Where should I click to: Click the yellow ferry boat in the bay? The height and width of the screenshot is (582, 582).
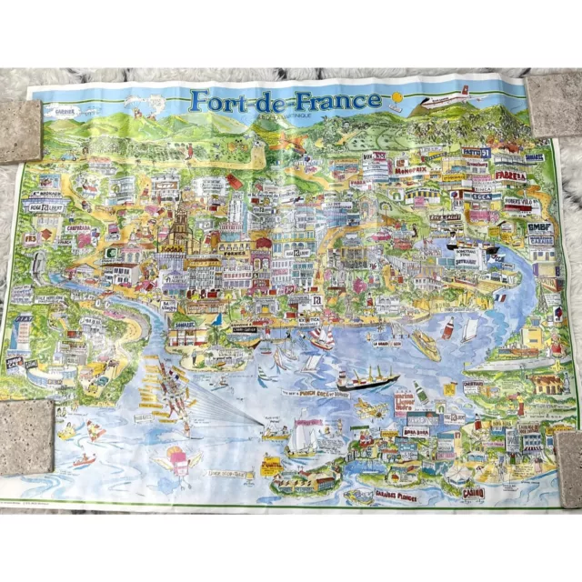coord(425,343)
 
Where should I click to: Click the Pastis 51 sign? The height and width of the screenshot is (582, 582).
coord(475,154)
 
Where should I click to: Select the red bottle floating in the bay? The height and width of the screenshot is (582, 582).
coord(447,328)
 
